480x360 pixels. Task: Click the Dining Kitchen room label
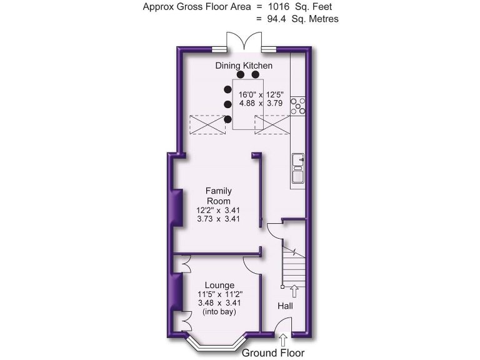pyautogui.click(x=244, y=66)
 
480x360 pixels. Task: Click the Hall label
pyautogui.click(x=285, y=306)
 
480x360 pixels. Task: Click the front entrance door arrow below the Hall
pyautogui.click(x=283, y=340)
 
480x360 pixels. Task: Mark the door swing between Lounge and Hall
pyautogui.click(x=251, y=265)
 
